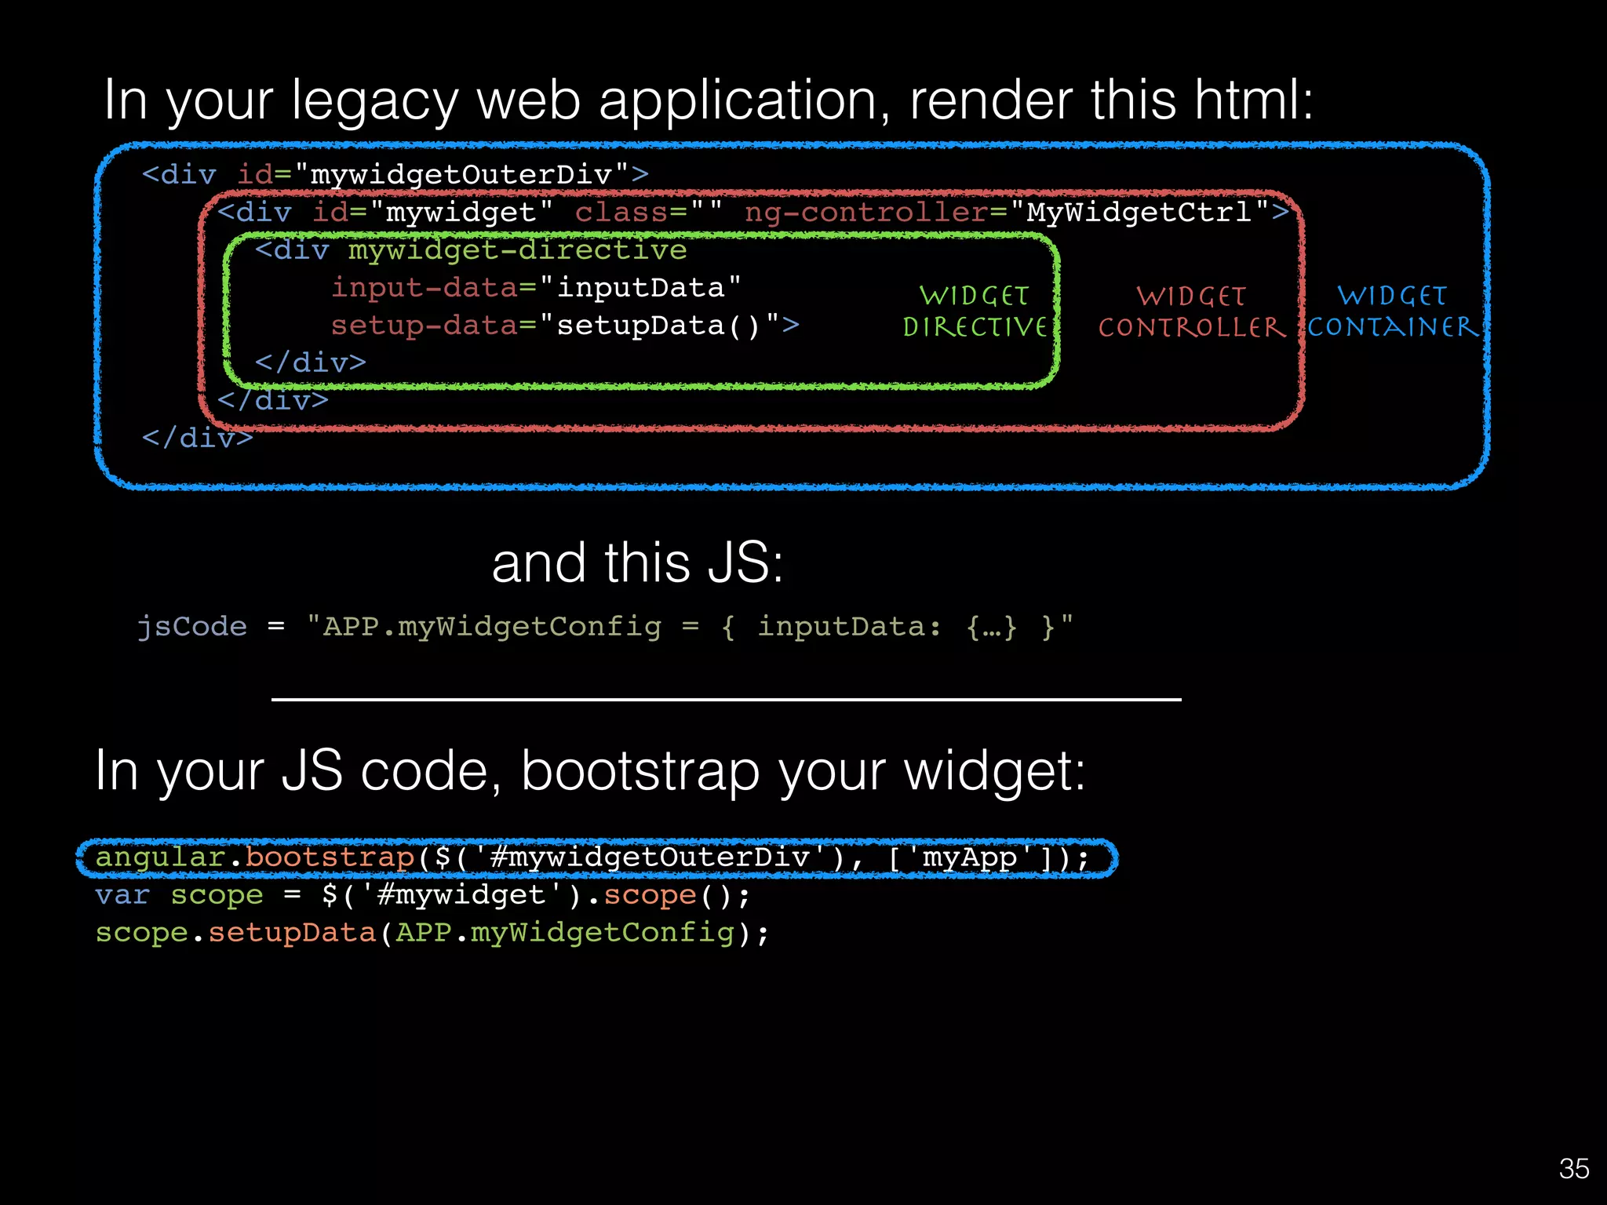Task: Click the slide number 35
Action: pos(1573,1169)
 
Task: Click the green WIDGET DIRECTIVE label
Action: pos(975,311)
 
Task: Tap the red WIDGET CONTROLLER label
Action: pos(1191,311)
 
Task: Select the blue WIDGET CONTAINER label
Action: pos(1392,311)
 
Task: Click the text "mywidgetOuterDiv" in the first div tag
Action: pos(461,174)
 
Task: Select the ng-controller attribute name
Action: pos(865,212)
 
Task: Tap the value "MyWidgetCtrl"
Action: pos(1139,212)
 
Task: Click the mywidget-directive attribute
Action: pos(517,250)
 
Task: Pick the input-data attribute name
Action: pos(425,287)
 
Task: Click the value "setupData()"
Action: pos(659,325)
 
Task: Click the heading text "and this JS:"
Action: pos(637,563)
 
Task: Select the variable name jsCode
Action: pos(192,626)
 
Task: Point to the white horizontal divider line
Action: pos(726,699)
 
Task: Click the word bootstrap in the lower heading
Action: pos(640,771)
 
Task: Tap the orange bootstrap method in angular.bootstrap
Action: pos(330,857)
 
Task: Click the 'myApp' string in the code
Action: pos(969,857)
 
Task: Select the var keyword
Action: pos(122,894)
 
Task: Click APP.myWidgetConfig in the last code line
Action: pos(564,933)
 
